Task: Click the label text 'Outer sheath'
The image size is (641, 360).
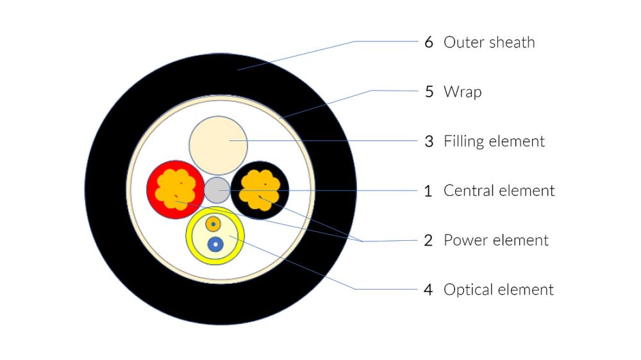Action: (x=488, y=42)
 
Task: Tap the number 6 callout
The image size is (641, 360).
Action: (x=429, y=42)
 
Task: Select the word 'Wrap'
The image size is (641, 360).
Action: (x=462, y=92)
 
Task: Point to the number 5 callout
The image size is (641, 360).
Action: (x=429, y=92)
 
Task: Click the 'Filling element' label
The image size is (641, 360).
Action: (x=494, y=141)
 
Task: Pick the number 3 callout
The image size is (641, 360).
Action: (x=429, y=141)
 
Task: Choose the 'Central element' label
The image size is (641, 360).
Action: (x=499, y=190)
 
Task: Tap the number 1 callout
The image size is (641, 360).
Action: (x=429, y=190)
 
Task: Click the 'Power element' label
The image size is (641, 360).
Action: (x=495, y=240)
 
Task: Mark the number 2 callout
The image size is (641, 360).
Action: (x=429, y=240)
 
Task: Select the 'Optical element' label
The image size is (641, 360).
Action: (x=498, y=290)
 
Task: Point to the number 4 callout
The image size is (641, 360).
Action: (x=429, y=290)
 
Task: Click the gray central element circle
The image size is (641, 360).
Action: (x=217, y=190)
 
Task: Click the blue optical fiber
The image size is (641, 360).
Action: (x=216, y=244)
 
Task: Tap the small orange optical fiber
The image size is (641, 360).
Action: (x=213, y=224)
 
